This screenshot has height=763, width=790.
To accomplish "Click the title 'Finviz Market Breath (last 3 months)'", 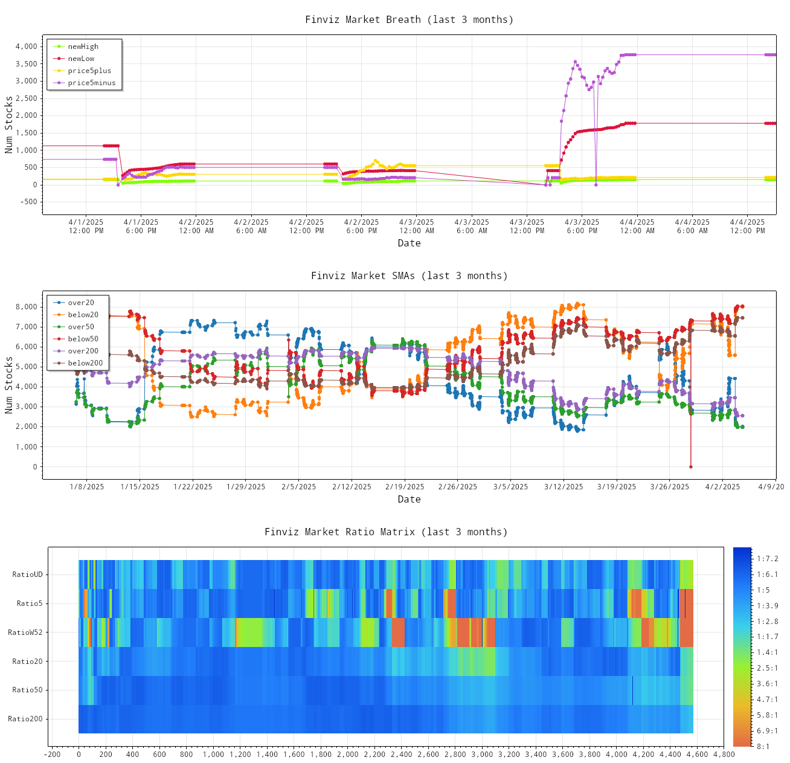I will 409,19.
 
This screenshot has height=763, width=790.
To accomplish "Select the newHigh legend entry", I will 83,47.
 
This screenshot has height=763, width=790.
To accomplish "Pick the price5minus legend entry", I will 91,83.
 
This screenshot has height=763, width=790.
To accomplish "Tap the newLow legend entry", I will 81,59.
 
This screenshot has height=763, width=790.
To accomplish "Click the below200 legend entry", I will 85,363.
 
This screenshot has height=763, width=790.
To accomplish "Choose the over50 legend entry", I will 81,327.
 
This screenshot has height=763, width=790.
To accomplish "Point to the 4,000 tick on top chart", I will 27,47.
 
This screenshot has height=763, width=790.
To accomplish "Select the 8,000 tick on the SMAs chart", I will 27,307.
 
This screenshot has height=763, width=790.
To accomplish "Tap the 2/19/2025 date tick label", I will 405,487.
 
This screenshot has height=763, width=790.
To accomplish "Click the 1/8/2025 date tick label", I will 86,487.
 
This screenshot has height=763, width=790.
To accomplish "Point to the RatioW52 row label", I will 25,633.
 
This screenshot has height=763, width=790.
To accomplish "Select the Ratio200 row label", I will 25,719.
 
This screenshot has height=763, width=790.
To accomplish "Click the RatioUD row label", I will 27,575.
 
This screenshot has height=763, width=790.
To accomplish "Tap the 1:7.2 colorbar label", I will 767,559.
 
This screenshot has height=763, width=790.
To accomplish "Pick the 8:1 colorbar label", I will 763,747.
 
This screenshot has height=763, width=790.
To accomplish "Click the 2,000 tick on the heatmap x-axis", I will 347,755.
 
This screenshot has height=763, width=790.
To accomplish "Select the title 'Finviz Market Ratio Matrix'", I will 386,532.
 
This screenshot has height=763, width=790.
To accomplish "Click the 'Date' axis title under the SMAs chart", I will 409,499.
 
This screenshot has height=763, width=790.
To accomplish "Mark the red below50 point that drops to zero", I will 690,466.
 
